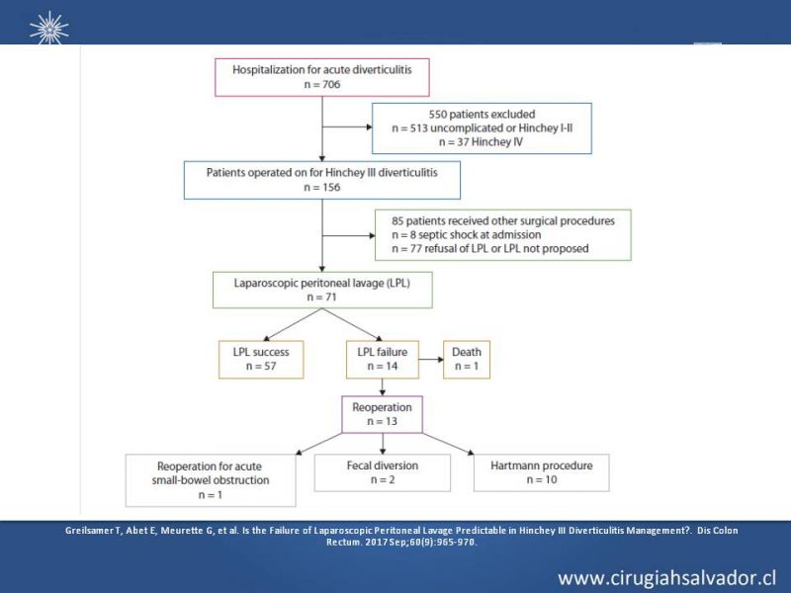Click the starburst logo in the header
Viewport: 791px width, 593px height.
coord(48,28)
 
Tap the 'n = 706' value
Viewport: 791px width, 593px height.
coord(322,84)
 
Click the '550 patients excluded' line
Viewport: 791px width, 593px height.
coord(482,115)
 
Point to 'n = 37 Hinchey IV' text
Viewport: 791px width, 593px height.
coord(481,142)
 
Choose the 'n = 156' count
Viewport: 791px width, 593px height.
coord(322,187)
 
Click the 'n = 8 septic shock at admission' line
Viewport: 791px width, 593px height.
coord(466,235)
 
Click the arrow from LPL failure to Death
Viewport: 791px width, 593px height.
coord(431,360)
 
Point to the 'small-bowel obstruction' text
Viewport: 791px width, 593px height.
coord(211,480)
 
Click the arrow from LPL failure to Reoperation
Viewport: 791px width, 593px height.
coord(383,387)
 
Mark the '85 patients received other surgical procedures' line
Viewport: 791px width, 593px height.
coord(503,220)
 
